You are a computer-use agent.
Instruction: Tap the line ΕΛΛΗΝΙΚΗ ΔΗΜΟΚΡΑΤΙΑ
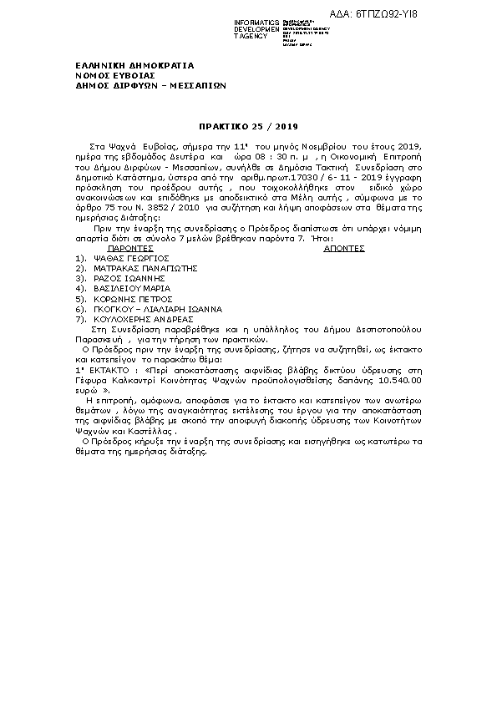point(123,65)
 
